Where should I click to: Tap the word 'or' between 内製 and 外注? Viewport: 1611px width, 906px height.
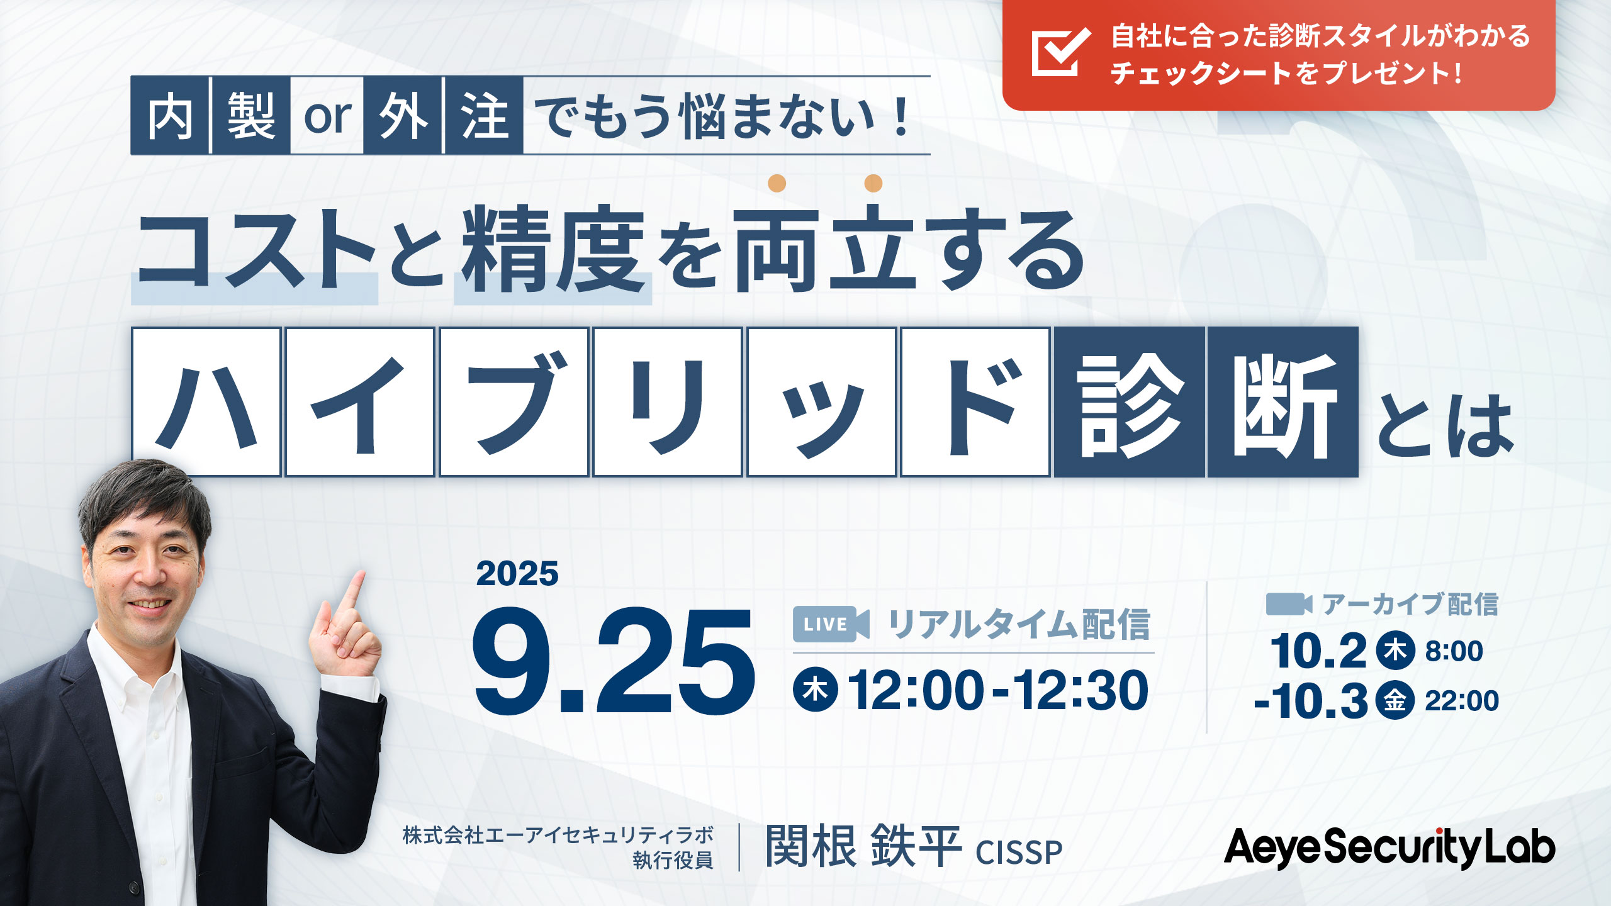327,116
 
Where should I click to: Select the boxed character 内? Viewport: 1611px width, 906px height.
170,116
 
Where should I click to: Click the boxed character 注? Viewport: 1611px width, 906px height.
484,116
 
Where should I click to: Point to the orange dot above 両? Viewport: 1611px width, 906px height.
777,183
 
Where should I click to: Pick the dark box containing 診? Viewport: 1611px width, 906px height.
1130,402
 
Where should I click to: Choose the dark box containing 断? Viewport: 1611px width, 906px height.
1283,402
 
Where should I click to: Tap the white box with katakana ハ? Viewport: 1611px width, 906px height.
206,402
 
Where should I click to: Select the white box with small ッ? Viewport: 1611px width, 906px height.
822,402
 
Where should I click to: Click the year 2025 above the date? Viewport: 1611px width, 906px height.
517,574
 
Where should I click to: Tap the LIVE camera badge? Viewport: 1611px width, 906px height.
831,624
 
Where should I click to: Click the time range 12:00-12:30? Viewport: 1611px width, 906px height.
998,690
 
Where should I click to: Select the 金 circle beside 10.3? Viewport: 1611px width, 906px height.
1395,700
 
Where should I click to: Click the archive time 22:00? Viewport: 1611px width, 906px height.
1462,701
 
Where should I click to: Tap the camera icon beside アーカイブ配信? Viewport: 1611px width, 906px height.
1289,604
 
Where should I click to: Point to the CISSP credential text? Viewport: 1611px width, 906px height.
1019,853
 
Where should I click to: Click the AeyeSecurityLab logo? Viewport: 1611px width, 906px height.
1389,847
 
